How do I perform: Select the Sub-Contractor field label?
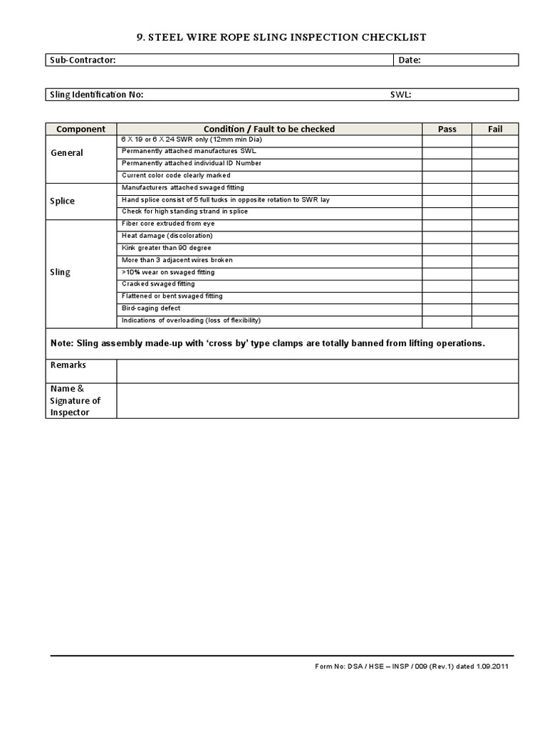(x=83, y=61)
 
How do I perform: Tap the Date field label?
(x=410, y=61)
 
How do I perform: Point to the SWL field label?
(x=401, y=95)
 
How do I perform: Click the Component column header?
(x=81, y=129)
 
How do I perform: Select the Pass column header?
(x=447, y=129)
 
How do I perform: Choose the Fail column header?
(x=495, y=129)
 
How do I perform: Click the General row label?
(x=67, y=152)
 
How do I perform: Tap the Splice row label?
(x=63, y=201)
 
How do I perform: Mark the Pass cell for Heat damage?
(x=447, y=236)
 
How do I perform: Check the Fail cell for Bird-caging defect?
(x=495, y=308)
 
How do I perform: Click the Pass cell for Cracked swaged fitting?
(x=447, y=284)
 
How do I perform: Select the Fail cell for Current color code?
(x=495, y=175)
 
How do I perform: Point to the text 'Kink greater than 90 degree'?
(x=167, y=248)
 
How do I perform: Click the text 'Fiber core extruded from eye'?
(x=168, y=224)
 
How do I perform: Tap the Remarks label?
(x=68, y=365)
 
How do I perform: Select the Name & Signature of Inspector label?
(x=75, y=400)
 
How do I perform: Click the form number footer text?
(x=412, y=667)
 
